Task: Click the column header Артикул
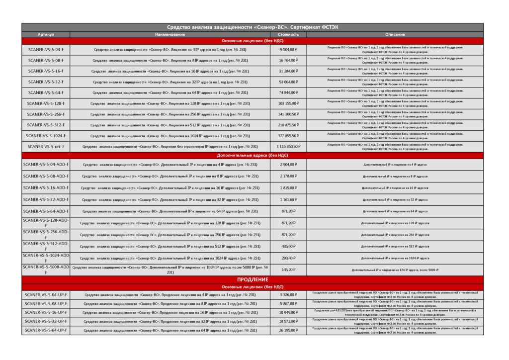click(46, 35)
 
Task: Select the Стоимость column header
click(288, 35)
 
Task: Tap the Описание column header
click(395, 35)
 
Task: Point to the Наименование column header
click(170, 35)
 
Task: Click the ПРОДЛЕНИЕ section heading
click(253, 279)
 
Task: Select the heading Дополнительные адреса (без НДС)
click(253, 155)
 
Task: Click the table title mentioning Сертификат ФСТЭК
click(253, 27)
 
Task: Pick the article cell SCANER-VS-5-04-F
click(46, 50)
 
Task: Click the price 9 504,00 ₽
click(288, 50)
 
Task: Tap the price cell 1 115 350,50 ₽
click(288, 147)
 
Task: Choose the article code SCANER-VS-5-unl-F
click(46, 147)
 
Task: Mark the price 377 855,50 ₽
click(288, 136)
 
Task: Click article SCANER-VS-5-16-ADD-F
click(46, 188)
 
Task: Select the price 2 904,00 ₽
click(288, 164)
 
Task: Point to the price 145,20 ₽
click(288, 270)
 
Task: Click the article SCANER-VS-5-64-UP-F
click(46, 330)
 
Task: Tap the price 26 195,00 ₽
click(288, 330)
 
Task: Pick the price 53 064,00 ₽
click(288, 82)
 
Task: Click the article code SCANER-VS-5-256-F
click(46, 114)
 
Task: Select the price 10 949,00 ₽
click(288, 312)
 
